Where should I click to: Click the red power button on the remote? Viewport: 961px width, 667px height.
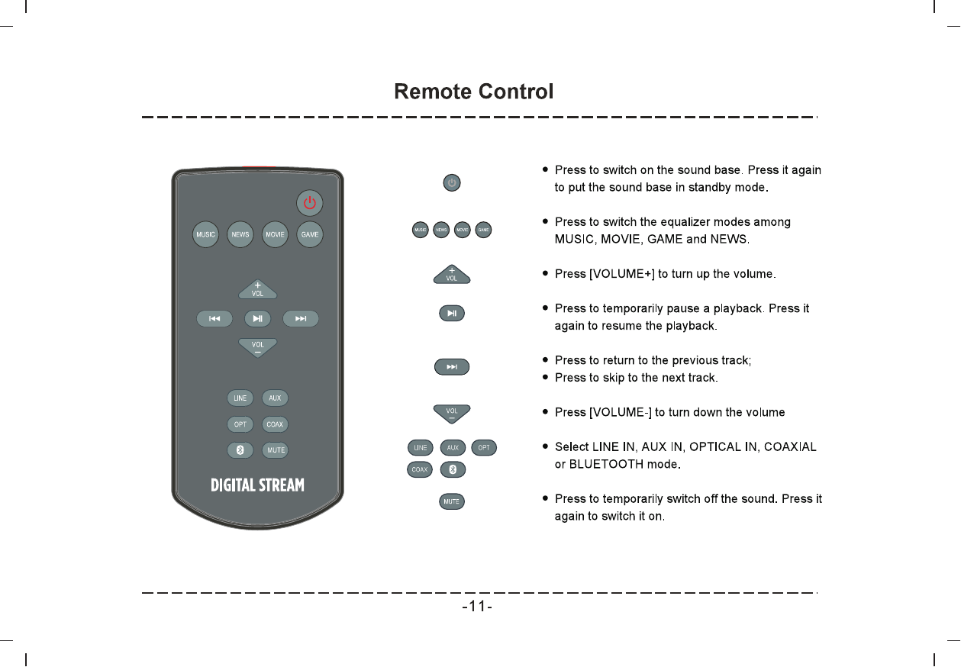pos(310,203)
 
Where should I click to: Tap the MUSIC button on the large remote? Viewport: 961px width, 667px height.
pos(205,234)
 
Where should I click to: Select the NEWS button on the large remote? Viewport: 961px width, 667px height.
pos(240,234)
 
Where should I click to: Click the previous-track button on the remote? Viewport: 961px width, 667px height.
pos(215,318)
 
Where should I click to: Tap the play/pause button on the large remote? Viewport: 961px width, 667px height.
pos(258,318)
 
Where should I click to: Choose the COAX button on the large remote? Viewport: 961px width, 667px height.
pos(275,424)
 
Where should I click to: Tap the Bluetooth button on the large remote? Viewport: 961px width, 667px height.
pos(240,450)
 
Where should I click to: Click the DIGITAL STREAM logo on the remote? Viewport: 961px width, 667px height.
pos(257,485)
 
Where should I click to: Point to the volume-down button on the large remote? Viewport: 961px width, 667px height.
pos(258,348)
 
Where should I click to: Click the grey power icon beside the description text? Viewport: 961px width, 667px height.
pos(452,182)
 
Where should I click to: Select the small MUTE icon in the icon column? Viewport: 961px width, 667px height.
pos(452,501)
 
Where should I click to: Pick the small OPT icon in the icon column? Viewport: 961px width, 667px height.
pos(484,447)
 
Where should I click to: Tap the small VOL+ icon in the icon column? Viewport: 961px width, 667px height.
pos(452,274)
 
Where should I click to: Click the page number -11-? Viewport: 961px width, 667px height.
pos(477,607)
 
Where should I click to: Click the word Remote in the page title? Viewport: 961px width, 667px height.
pos(433,92)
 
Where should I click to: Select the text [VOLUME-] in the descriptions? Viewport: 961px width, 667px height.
pos(621,412)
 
